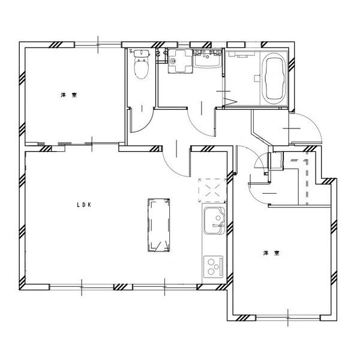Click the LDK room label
(x=84, y=205)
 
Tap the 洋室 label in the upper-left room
(x=69, y=95)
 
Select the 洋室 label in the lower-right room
(x=271, y=253)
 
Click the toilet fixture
(x=142, y=64)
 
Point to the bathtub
(x=274, y=78)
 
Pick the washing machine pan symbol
(x=180, y=61)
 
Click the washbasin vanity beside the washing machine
(x=208, y=58)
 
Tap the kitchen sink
(x=214, y=221)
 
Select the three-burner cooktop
(x=214, y=266)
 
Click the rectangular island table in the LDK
(x=159, y=226)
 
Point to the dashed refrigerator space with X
(x=212, y=191)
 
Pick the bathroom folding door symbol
(x=230, y=101)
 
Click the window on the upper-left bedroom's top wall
(x=98, y=44)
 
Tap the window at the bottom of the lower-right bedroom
(x=288, y=318)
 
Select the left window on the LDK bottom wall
(x=82, y=287)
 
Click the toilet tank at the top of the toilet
(x=142, y=53)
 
